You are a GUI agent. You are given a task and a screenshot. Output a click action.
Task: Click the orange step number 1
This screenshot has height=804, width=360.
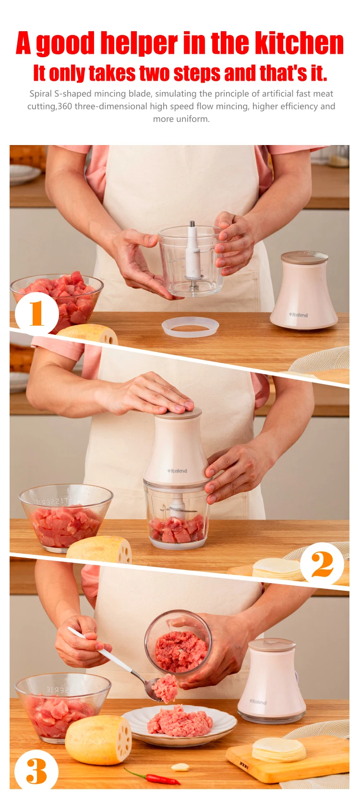pos(36,313)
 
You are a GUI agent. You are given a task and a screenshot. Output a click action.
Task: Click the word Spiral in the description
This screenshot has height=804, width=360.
pos(40,94)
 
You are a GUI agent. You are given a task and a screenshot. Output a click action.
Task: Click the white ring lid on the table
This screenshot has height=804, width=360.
pos(190,327)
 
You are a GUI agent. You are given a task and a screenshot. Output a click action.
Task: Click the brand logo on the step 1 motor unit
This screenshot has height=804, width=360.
pos(299,315)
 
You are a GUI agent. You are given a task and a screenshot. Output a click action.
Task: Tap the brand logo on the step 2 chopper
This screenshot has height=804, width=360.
pos(177,471)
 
